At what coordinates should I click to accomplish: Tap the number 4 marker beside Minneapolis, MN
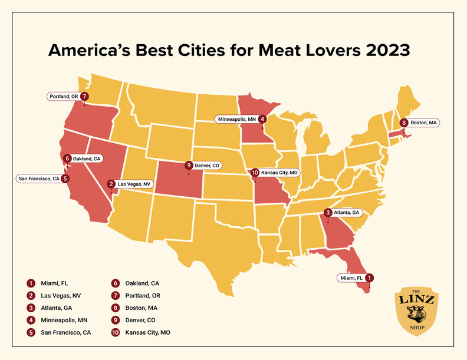pyautogui.click(x=262, y=119)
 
